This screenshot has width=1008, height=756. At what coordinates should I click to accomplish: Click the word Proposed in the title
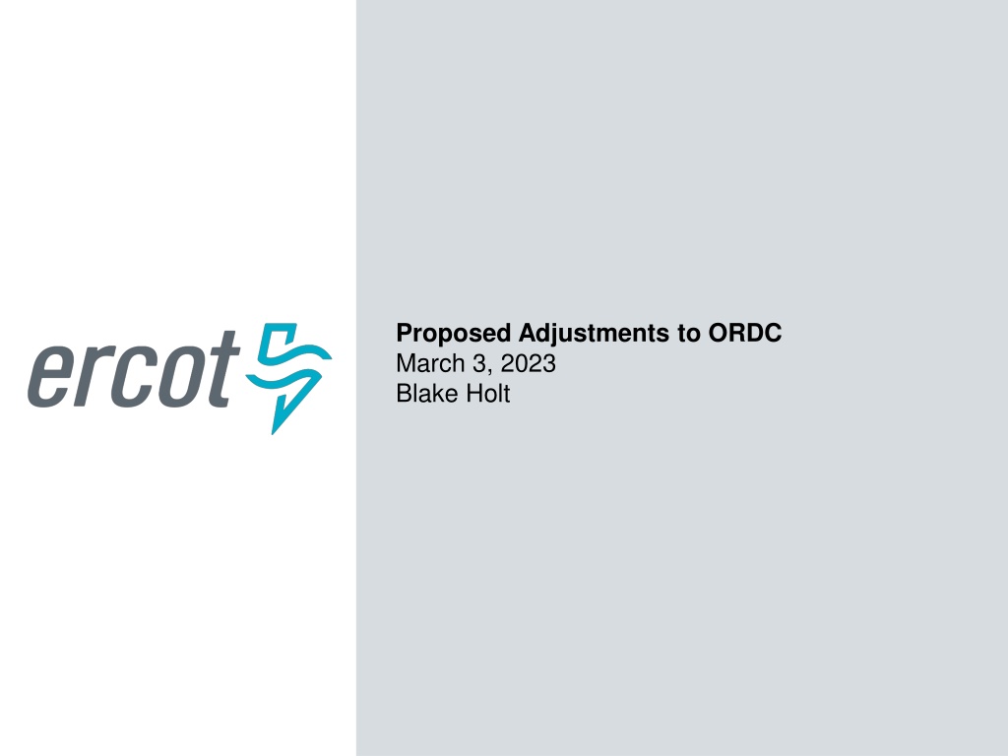tap(453, 334)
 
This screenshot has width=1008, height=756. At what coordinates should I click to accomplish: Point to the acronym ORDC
tap(745, 333)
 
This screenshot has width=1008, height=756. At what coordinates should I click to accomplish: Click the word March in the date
tap(430, 363)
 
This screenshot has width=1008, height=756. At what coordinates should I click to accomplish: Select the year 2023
tap(528, 363)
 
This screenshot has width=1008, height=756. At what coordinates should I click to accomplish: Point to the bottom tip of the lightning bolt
tap(274, 434)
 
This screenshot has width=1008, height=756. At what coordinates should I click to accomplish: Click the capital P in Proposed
tap(405, 333)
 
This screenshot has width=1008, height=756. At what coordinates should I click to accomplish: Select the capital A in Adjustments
tap(529, 333)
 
